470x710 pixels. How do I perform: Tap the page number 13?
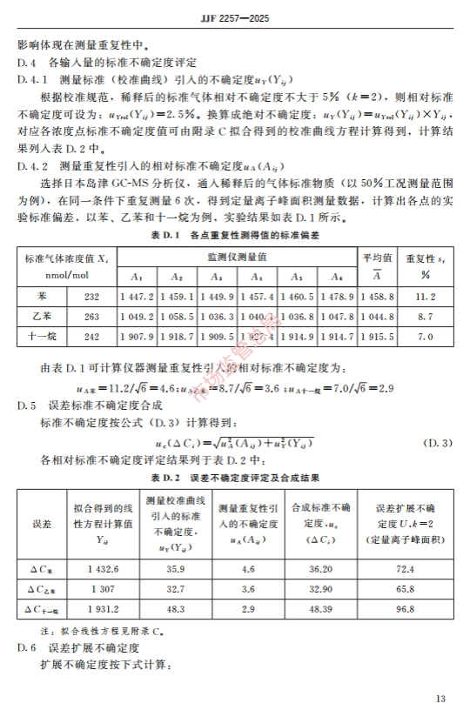coord(441,697)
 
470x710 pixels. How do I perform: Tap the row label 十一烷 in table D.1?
coord(44,336)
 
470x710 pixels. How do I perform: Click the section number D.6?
coord(26,648)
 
